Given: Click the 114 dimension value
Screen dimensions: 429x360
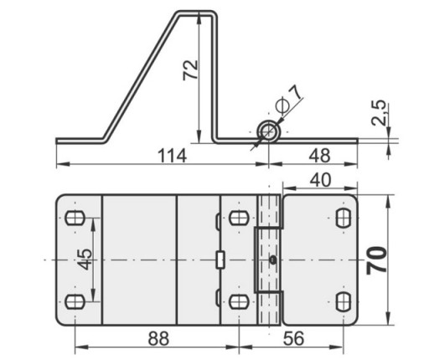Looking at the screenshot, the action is click(172, 156).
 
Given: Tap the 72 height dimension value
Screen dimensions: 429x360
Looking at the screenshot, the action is click(190, 70).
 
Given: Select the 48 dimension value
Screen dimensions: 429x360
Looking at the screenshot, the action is click(319, 156).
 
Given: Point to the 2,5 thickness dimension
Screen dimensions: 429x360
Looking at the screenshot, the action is click(379, 112).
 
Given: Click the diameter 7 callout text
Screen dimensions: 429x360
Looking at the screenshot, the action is click(288, 100).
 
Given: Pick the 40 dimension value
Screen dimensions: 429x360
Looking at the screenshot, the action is click(321, 180).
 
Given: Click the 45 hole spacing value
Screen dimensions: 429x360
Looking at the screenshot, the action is click(85, 260).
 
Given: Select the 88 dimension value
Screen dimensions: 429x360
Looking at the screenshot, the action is click(158, 338).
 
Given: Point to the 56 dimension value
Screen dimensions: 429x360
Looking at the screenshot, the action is click(293, 338).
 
